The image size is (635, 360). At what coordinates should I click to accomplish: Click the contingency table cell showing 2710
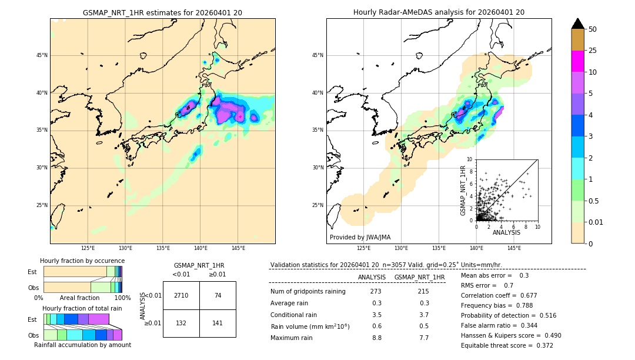tap(181, 295)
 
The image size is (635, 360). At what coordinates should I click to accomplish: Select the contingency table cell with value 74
tap(218, 295)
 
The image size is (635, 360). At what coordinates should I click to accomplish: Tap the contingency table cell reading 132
tap(181, 322)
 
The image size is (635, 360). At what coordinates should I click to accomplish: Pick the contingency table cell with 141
tap(218, 322)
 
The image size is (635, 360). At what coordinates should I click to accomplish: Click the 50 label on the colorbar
tap(593, 29)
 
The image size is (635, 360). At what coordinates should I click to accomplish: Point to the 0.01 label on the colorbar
tap(596, 222)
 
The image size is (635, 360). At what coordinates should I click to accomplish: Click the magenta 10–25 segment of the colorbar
tap(577, 61)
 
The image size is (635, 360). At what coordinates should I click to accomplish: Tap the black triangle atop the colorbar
tap(577, 24)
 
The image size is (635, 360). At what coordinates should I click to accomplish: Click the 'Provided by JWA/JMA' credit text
tap(360, 238)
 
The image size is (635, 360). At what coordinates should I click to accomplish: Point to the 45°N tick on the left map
tap(42, 55)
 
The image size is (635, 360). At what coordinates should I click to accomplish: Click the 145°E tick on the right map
tap(514, 248)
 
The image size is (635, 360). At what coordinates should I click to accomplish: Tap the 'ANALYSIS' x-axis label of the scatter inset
tap(506, 233)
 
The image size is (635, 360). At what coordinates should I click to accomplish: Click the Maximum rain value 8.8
tap(376, 338)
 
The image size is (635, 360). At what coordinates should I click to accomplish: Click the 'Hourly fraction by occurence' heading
tap(82, 261)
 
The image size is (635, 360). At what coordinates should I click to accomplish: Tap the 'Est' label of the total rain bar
tap(32, 319)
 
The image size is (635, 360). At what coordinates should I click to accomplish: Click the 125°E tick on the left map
tap(88, 248)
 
